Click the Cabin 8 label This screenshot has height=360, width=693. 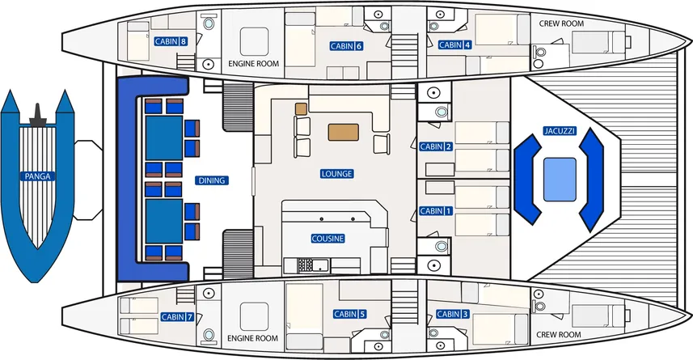(171, 41)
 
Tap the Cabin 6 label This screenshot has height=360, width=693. (346, 46)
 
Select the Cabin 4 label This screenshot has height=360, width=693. (454, 44)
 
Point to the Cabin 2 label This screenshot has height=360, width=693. (436, 146)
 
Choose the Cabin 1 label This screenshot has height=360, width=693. (436, 211)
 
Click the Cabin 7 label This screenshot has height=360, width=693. (177, 316)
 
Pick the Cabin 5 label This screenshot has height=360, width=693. (349, 314)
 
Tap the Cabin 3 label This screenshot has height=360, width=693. (453, 314)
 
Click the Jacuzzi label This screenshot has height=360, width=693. (560, 131)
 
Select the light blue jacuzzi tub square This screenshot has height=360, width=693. (560, 180)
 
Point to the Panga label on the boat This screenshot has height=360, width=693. (37, 176)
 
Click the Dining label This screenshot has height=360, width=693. (212, 180)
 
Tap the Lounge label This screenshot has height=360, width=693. (336, 174)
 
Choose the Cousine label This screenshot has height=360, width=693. (327, 239)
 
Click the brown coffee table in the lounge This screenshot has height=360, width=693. (344, 132)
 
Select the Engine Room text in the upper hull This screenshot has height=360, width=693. (254, 64)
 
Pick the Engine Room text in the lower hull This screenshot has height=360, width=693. (253, 338)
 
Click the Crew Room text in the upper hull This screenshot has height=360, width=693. (561, 23)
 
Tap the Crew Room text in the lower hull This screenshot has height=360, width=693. (559, 335)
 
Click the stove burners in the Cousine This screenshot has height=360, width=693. (306, 265)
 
